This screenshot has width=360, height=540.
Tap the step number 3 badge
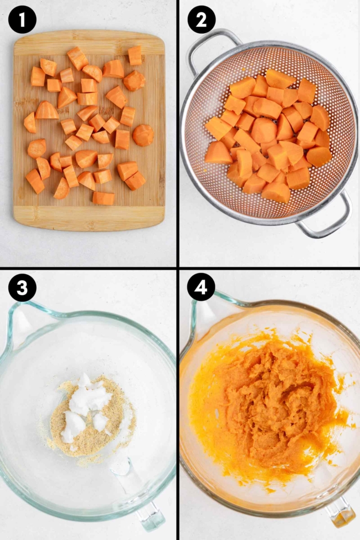pyautogui.click(x=22, y=288)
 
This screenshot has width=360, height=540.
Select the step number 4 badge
pyautogui.click(x=201, y=288)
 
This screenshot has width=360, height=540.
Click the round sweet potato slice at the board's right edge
pyautogui.click(x=143, y=135)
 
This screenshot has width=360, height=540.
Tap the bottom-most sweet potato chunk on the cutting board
pyautogui.click(x=104, y=198)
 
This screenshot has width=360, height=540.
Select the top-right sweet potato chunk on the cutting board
pyautogui.click(x=135, y=55)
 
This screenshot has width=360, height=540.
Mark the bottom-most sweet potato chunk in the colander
pyautogui.click(x=276, y=192)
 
